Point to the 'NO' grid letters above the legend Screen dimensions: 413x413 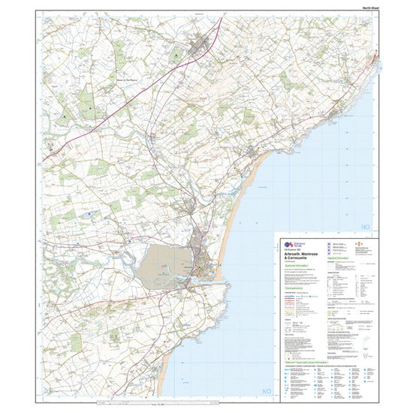[366, 226]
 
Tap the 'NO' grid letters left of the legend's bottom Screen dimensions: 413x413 [265, 391]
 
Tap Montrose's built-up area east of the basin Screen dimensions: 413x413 [204, 255]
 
